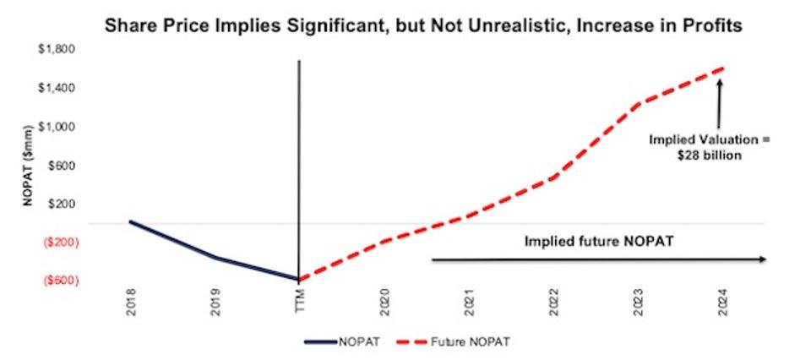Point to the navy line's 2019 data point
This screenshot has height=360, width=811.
[215, 258]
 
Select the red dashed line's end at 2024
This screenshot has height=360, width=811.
[723, 68]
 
